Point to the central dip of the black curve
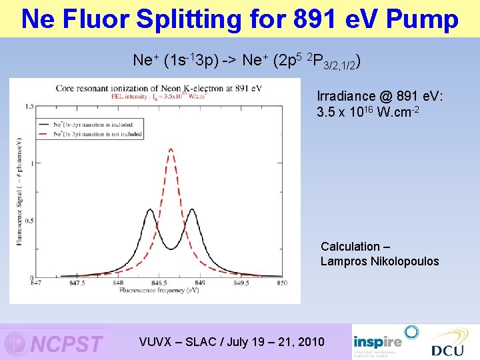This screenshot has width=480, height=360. tap(171, 249)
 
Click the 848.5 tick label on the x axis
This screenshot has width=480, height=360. tap(159, 283)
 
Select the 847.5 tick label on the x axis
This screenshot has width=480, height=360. tap(77, 283)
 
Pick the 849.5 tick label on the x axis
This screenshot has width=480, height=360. tap(241, 283)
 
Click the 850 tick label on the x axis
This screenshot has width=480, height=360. tap(281, 283)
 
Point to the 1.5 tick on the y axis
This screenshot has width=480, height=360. tap(30, 107)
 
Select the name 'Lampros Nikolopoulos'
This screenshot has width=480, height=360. tap(379, 261)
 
